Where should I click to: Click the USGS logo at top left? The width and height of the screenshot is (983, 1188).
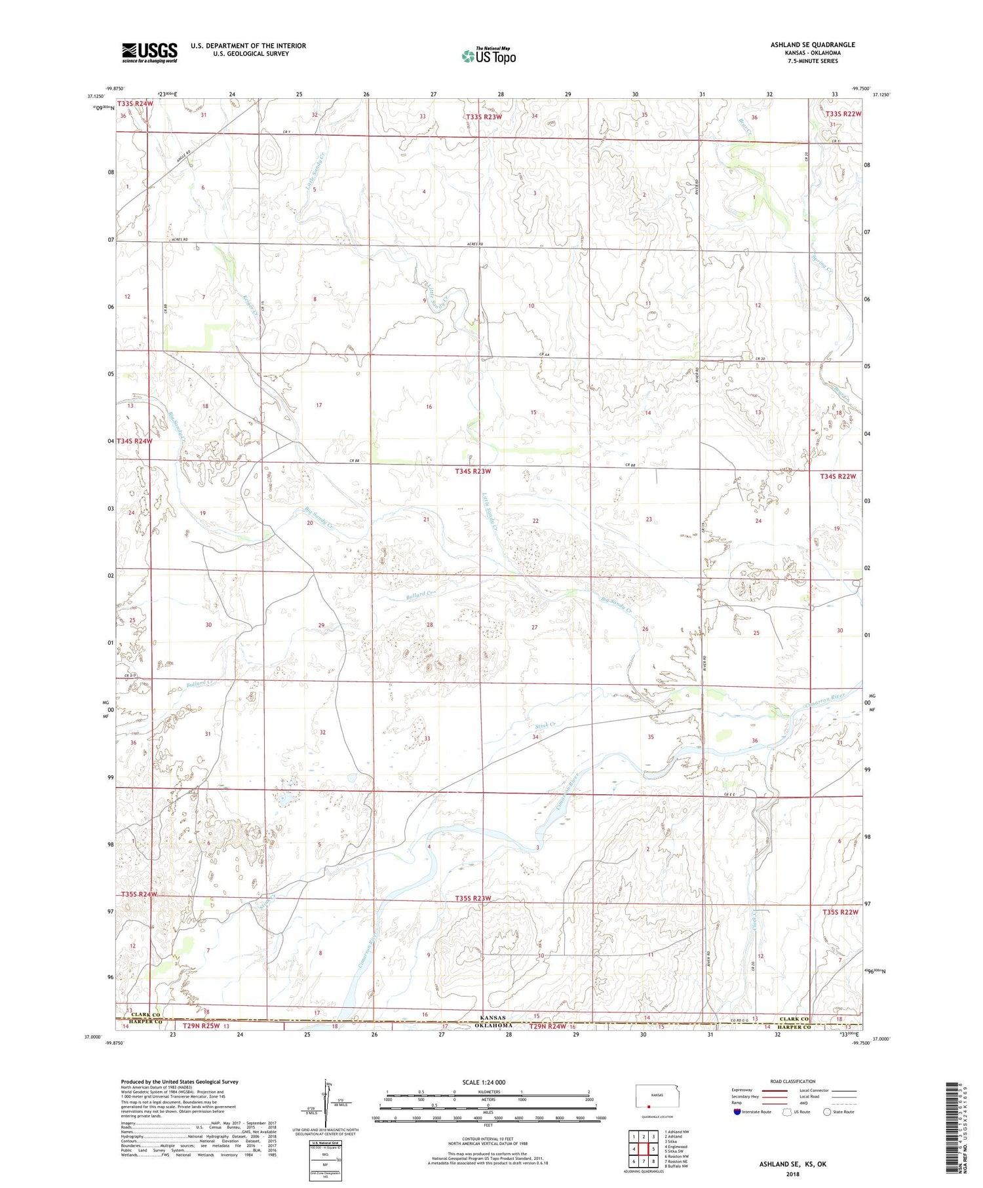[x=149, y=52]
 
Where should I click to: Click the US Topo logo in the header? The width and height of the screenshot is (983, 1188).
[x=488, y=56]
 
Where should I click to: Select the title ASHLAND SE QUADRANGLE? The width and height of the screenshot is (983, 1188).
[x=813, y=45]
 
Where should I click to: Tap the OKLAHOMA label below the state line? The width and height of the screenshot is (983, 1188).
[x=496, y=1025]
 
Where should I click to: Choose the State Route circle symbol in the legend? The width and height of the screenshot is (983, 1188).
[x=828, y=1111]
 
